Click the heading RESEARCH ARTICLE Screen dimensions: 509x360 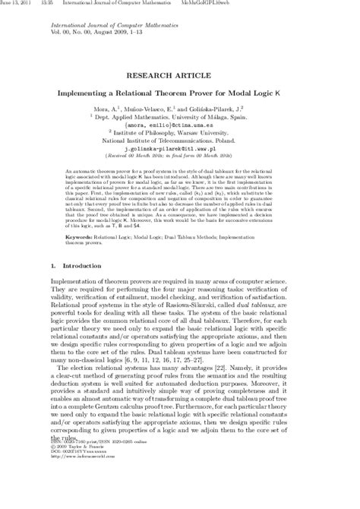pos(179,77)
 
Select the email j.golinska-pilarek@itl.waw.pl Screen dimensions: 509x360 pos(179,150)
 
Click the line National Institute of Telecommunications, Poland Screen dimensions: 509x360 pos(180,141)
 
